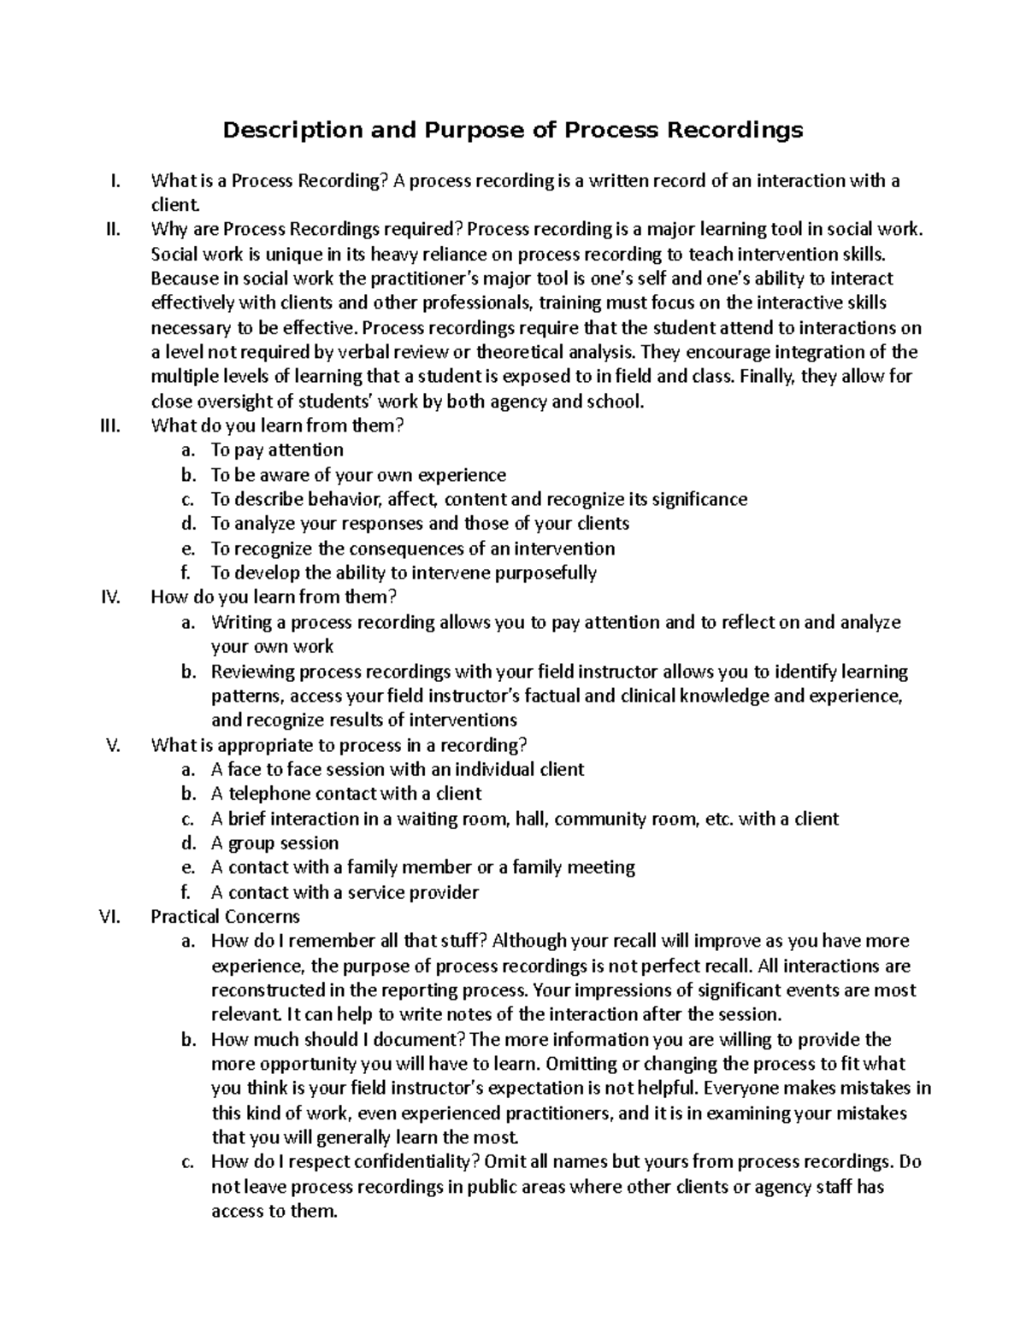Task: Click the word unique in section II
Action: (268, 254)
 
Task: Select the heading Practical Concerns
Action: (225, 917)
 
